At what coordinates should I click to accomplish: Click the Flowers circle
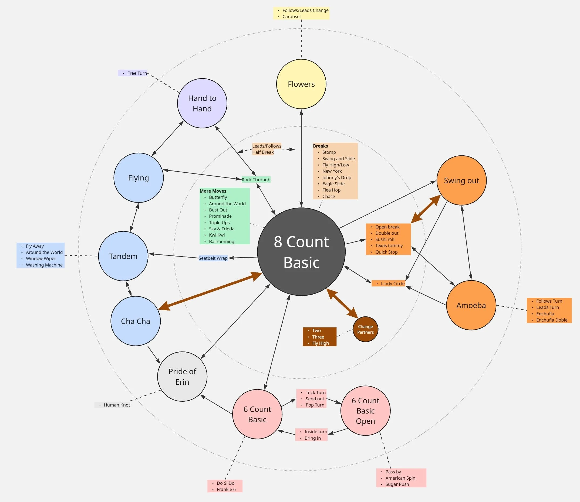point(301,84)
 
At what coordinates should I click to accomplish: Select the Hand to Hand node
point(202,103)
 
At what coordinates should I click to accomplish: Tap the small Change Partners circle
point(365,329)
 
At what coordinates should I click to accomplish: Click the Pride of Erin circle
point(182,377)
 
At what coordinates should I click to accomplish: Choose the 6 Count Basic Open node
point(365,411)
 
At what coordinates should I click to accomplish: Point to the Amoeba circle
point(471,305)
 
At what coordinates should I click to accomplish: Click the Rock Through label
point(256,180)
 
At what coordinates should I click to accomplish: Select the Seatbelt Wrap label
point(213,258)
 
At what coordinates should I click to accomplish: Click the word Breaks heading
point(320,146)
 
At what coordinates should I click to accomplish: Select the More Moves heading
point(213,191)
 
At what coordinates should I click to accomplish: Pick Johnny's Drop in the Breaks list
point(336,177)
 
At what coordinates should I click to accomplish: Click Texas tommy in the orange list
point(389,245)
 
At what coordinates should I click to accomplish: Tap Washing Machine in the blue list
point(44,265)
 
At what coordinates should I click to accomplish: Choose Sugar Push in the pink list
point(397,484)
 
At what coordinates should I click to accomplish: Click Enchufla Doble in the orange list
point(551,320)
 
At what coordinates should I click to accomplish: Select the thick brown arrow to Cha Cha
point(210,291)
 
